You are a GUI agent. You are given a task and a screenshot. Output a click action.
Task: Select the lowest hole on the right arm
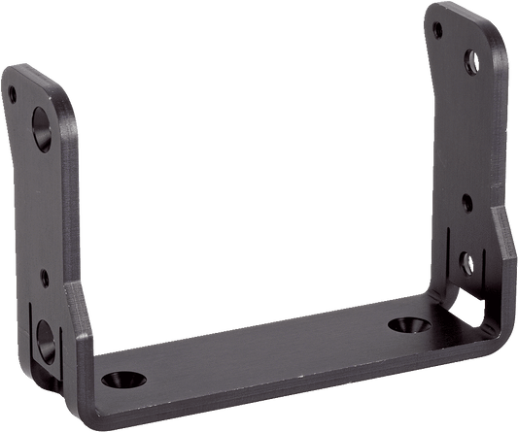click(x=468, y=259)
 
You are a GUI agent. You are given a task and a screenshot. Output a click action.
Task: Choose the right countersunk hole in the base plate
click(x=401, y=322)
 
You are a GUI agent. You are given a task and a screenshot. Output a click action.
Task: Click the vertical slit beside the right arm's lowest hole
click(x=449, y=262)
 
